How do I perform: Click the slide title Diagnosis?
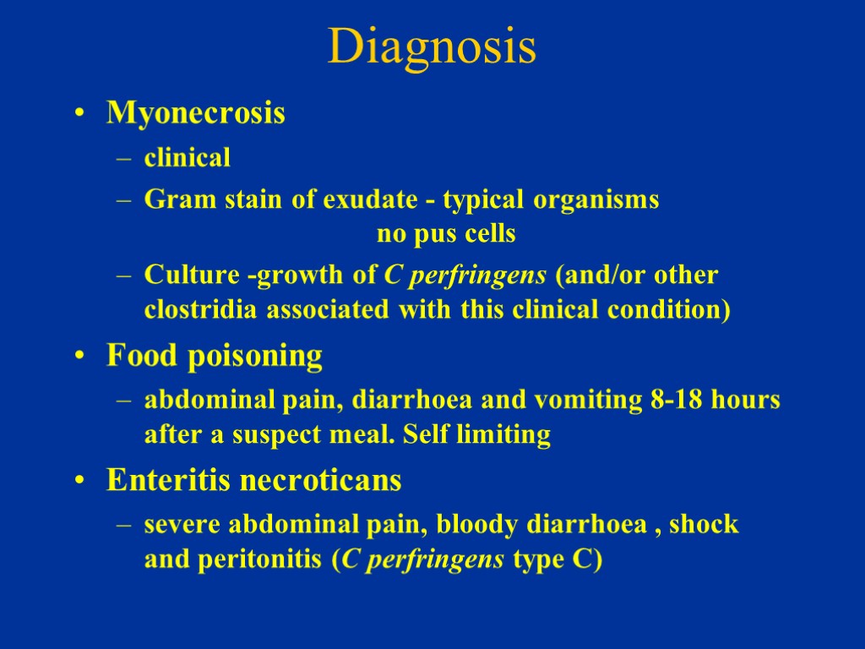(x=432, y=46)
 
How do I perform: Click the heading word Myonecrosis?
(x=195, y=113)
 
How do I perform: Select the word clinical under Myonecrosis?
(x=188, y=157)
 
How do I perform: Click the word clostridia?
(x=190, y=310)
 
